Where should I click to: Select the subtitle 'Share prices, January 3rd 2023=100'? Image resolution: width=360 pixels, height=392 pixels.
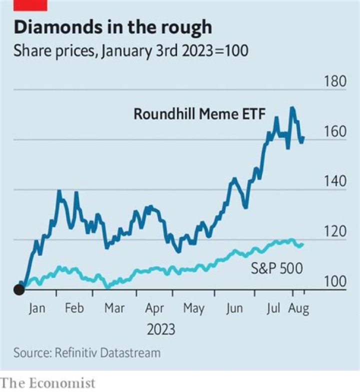click(130, 51)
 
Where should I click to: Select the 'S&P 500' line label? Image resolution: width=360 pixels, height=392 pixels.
click(276, 268)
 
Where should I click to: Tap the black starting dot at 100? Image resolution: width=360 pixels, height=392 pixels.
click(19, 289)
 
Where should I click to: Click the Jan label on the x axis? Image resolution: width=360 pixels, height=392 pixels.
click(36, 308)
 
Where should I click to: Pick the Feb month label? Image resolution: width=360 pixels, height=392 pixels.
click(74, 308)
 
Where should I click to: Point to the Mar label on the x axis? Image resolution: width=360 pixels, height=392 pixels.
click(114, 308)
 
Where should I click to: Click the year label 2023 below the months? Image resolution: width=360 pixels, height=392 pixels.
click(161, 329)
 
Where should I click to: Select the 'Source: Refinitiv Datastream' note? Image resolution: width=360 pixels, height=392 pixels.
click(87, 352)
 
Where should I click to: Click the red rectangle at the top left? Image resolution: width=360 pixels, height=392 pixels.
click(30, 5)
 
